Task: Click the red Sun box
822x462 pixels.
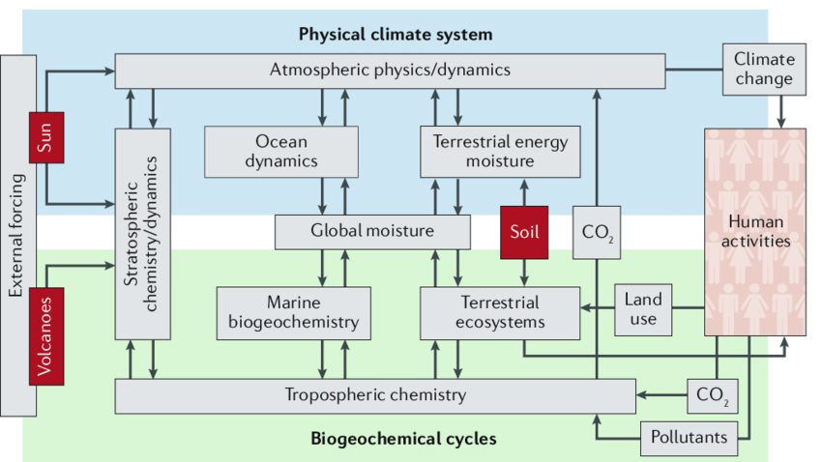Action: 45,137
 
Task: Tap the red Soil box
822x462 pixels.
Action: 524,232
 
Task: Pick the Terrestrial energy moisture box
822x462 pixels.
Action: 486,151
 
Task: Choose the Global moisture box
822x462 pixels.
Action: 372,232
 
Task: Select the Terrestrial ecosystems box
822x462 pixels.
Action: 499,312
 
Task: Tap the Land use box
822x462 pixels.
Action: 643,308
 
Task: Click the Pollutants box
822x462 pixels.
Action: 689,438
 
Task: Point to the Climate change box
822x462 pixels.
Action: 763,69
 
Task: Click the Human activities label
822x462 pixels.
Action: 755,232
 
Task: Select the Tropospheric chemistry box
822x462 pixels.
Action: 375,395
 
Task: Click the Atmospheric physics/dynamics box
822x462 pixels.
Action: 390,71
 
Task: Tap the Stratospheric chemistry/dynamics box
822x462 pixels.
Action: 142,233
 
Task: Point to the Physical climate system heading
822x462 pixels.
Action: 395,35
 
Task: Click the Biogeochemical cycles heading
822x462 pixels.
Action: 403,440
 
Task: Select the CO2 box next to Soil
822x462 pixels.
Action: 597,233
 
